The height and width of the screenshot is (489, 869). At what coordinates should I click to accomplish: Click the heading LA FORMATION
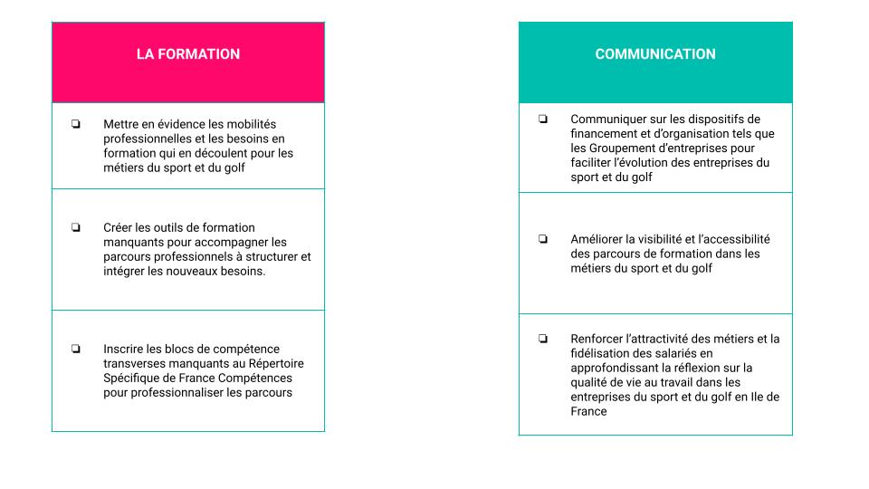[x=188, y=54]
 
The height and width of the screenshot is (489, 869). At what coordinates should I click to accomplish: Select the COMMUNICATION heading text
[x=655, y=54]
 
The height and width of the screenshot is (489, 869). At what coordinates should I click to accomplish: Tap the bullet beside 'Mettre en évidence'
[x=76, y=124]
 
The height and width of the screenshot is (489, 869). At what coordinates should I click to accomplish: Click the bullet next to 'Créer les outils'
[x=76, y=227]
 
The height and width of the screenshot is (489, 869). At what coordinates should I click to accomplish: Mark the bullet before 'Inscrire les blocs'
[x=76, y=349]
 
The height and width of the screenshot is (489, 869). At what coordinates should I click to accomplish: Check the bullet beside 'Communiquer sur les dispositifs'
[x=543, y=119]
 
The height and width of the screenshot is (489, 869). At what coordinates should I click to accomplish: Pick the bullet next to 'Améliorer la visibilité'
[x=543, y=239]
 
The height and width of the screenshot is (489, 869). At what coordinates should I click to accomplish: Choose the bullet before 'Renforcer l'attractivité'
[x=543, y=339]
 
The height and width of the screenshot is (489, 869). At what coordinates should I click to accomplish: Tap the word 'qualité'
[x=591, y=382]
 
